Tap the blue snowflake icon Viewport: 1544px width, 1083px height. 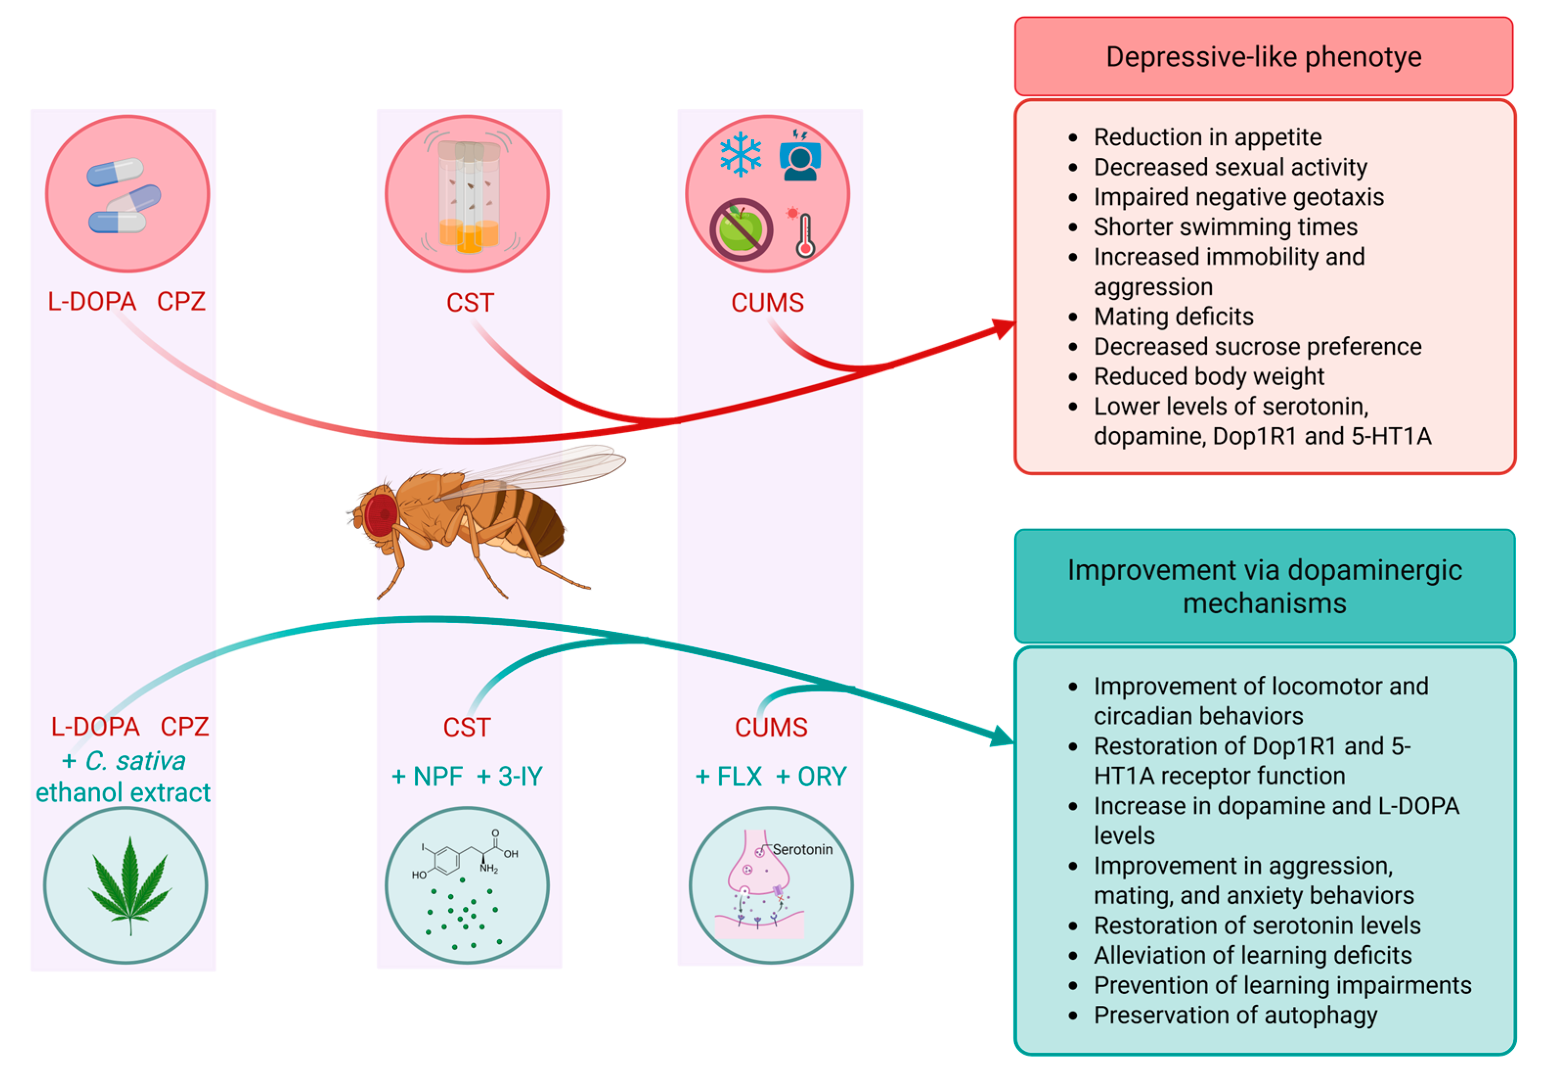pyautogui.click(x=740, y=154)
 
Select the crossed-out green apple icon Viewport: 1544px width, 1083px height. pyautogui.click(x=741, y=229)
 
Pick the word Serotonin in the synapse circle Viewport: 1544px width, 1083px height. pyautogui.click(x=802, y=850)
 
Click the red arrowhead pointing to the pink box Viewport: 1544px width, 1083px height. pyautogui.click(x=1004, y=328)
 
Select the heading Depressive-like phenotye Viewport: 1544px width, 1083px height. pyautogui.click(x=1263, y=57)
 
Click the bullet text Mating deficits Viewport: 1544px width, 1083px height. pyautogui.click(x=1174, y=316)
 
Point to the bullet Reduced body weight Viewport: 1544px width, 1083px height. pyautogui.click(x=1208, y=376)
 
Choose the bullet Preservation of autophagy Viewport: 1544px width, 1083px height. pyautogui.click(x=1235, y=1015)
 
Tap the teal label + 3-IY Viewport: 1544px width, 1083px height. pyautogui.click(x=509, y=776)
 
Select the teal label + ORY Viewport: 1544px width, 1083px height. pyautogui.click(x=811, y=776)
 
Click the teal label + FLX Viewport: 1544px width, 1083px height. pyautogui.click(x=728, y=776)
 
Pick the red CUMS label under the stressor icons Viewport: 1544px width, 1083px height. pyautogui.click(x=767, y=303)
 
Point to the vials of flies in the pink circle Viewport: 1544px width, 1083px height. pyautogui.click(x=468, y=197)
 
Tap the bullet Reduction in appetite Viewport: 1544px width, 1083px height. pyautogui.click(x=1208, y=137)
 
